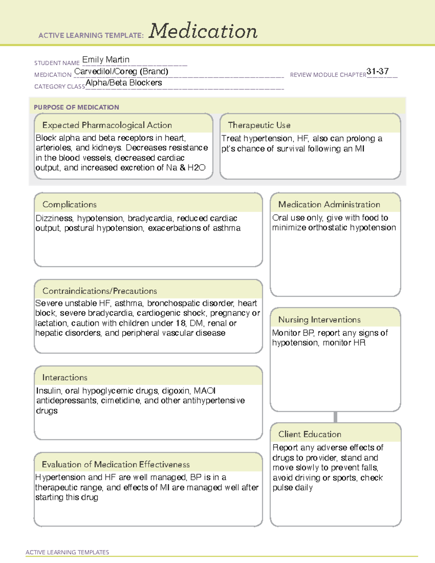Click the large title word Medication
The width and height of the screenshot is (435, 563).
tap(203, 31)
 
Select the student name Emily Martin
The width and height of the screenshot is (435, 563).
tap(105, 59)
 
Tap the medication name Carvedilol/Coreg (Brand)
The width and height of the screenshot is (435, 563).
tap(121, 71)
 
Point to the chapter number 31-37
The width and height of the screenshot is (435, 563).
tap(377, 71)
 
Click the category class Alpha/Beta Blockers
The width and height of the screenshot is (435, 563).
tap(124, 83)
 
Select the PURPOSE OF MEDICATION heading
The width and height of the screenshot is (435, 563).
tap(76, 107)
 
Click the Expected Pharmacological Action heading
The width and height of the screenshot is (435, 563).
tap(107, 125)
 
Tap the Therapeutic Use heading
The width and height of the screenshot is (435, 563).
tap(259, 125)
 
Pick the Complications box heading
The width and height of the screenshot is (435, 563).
tap(69, 204)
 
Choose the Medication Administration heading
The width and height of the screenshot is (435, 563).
tap(329, 204)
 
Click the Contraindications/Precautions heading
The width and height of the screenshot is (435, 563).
tap(99, 291)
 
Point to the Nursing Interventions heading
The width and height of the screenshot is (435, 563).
tap(319, 319)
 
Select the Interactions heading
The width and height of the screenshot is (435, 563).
tap(65, 377)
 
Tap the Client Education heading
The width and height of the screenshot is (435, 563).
tap(310, 434)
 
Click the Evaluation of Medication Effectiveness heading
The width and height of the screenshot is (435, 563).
tap(116, 464)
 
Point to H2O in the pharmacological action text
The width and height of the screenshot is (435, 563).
tap(196, 168)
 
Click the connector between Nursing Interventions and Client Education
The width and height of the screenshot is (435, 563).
tap(335, 417)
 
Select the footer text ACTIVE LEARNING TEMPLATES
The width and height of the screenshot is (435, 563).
tap(67, 552)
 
